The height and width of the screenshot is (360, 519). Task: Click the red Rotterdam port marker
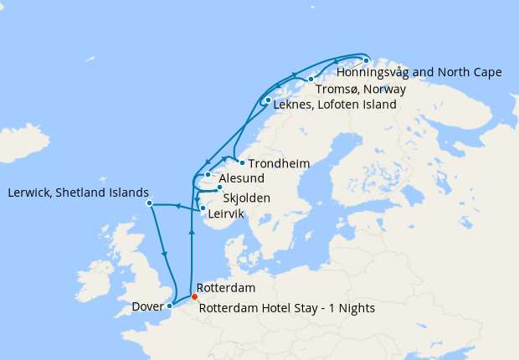[194, 296]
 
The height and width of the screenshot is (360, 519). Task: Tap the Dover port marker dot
[170, 306]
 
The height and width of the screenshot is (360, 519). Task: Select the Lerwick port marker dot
[149, 203]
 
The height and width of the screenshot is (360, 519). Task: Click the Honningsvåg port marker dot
[366, 60]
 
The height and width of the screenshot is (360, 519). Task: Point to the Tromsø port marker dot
[311, 80]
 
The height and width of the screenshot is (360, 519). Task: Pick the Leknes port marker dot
[267, 101]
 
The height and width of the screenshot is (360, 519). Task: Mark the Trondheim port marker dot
[241, 162]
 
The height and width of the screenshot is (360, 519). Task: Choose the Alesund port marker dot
[208, 175]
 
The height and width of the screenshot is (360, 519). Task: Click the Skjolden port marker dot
[219, 188]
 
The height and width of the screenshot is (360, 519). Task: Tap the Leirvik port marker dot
[203, 208]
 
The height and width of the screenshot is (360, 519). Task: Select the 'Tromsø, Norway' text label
[361, 89]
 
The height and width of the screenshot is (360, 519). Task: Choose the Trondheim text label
[280, 163]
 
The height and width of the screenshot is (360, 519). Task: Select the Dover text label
[147, 307]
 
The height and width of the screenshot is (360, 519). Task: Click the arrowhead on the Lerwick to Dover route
[164, 254]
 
